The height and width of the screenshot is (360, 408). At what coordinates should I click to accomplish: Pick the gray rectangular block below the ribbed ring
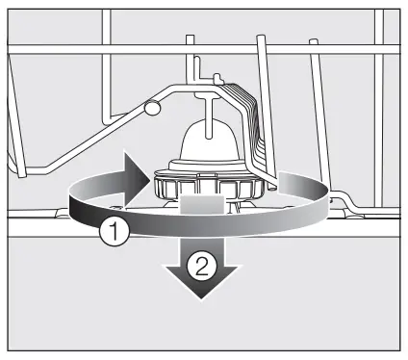(202, 205)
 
